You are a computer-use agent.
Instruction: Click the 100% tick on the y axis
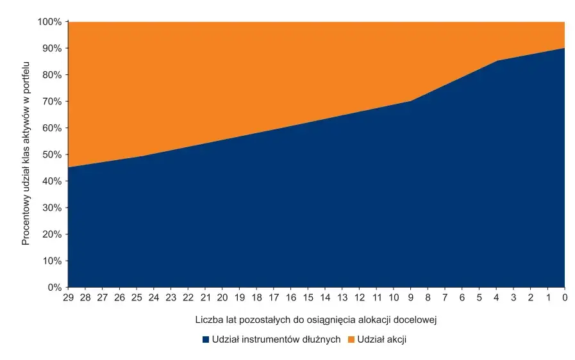click(x=51, y=22)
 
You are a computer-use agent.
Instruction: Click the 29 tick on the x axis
click(x=67, y=298)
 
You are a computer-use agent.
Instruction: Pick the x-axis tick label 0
click(x=565, y=298)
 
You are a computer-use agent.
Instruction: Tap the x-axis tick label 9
click(x=410, y=298)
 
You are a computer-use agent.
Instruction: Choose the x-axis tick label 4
click(x=496, y=298)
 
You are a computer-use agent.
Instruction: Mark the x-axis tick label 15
click(x=308, y=298)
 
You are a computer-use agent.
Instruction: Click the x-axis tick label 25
click(x=136, y=298)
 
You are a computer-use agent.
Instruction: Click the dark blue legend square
click(x=206, y=340)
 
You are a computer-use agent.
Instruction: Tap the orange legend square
click(x=351, y=340)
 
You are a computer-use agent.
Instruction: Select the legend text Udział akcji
click(x=382, y=340)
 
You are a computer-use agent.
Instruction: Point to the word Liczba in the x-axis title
click(x=208, y=318)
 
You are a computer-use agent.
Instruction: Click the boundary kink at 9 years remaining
click(x=410, y=101)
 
